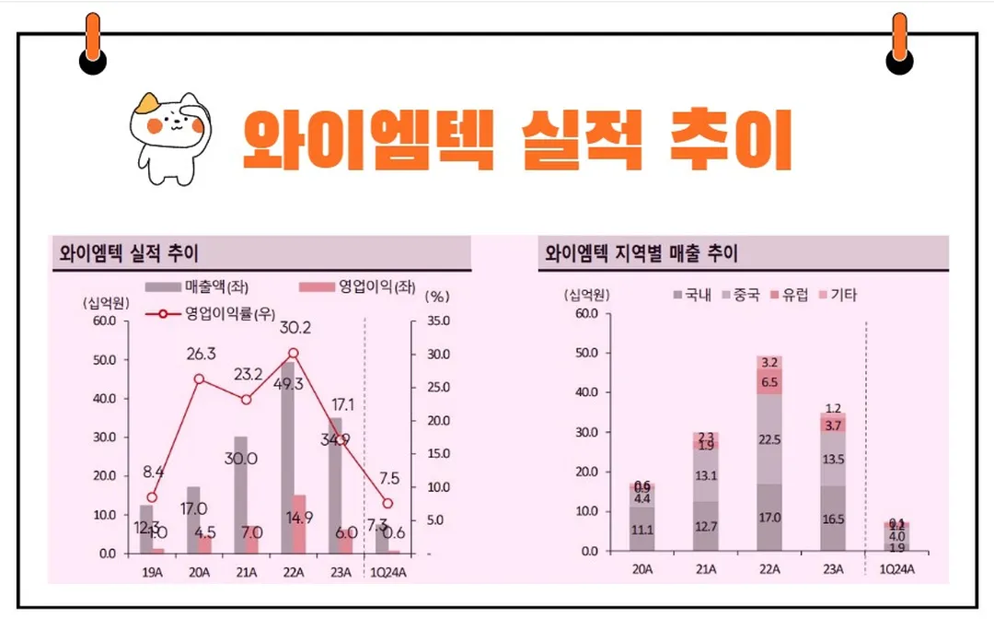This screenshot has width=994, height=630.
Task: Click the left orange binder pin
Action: pos(92,41)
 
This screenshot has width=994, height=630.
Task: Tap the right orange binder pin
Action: pos(899,41)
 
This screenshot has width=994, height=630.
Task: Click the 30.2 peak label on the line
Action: pos(295,328)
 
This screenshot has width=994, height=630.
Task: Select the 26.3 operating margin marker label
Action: pos(200,355)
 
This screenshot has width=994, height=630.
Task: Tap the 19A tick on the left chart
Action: pos(152,571)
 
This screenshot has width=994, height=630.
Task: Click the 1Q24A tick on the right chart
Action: pos(897,569)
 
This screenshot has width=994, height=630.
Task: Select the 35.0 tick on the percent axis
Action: pos(438,321)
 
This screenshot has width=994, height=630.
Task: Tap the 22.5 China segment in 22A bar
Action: pos(769,439)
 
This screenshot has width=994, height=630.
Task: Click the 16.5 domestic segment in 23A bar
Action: pos(833,519)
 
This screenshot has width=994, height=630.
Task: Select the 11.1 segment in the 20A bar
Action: pos(642,530)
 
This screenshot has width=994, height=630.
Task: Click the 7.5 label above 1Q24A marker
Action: pos(389,479)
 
